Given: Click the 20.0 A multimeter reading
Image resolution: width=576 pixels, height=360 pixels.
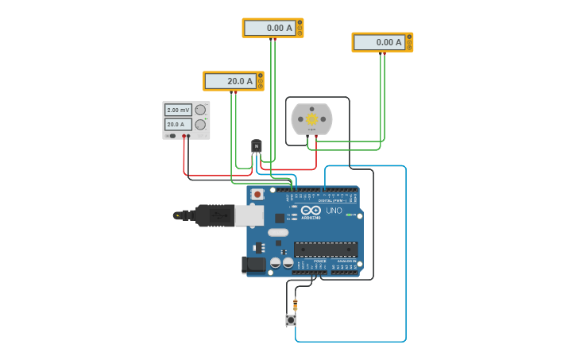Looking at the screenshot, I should tap(230, 81).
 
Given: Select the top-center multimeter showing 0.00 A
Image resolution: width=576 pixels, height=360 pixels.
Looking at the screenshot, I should tap(269, 28).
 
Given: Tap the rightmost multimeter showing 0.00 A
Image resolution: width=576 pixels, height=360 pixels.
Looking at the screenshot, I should tap(379, 42).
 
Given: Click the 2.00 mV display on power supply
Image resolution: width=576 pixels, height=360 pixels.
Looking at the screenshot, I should tap(178, 110).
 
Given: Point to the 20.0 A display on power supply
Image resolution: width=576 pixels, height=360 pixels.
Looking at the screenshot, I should tap(178, 124).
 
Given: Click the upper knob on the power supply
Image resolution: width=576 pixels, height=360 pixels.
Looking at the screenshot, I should tap(200, 110).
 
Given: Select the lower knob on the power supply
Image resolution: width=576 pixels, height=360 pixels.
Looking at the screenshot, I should tap(200, 125).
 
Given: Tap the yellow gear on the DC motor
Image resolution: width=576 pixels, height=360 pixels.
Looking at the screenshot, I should tap(311, 119).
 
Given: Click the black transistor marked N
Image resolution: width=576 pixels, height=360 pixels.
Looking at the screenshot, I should tap(256, 146).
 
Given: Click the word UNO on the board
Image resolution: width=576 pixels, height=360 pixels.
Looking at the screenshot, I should tap(334, 211).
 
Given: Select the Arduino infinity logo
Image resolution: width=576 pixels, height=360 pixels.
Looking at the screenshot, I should tap(311, 210).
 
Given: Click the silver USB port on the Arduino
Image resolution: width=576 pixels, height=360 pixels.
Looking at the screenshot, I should tap(249, 215).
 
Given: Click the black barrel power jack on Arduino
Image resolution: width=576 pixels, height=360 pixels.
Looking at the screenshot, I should tap(253, 264).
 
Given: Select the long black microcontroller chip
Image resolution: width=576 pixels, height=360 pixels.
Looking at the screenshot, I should tap(325, 249).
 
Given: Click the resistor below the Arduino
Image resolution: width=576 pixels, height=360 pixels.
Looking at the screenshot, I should tap(295, 304).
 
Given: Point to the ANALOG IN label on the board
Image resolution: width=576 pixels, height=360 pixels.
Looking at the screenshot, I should tap(346, 261).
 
